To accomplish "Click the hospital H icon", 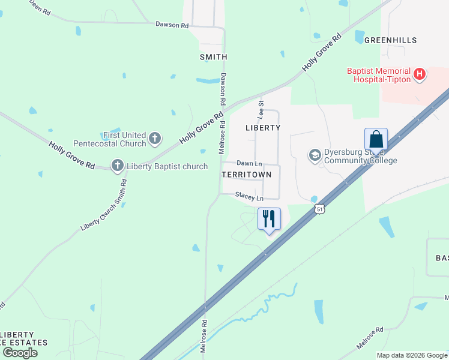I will coord(420,75).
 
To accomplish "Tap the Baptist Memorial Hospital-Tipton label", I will coord(379,75).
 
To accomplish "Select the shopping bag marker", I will coord(376,140).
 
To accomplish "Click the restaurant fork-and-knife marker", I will coord(269,218).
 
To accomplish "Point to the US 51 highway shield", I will coord(319,208).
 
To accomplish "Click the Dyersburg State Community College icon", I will coord(315,155).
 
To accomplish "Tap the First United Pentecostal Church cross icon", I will coord(155,139).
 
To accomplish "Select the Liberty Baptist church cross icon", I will coord(117,165).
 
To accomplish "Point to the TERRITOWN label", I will coord(247,175).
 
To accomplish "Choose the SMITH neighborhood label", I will coord(213,57).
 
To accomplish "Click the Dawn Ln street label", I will coord(249,163).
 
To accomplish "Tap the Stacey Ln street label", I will coord(249,197).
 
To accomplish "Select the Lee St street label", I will coord(261,109).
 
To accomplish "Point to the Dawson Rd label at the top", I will coord(172,25).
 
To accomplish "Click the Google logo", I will coord(20,352).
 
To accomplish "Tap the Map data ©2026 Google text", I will coord(411,355).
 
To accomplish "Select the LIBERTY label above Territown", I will coord(263,128).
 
